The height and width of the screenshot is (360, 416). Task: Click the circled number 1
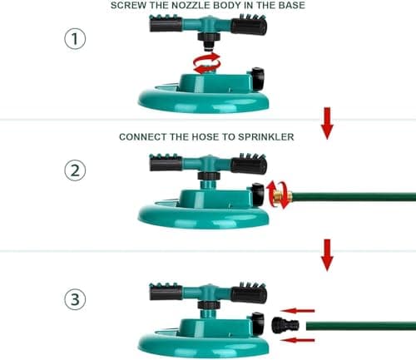[76, 39]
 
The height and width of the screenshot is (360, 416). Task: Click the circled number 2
[76, 170]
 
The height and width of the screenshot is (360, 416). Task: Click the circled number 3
[76, 299]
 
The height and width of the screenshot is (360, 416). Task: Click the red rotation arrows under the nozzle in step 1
[207, 62]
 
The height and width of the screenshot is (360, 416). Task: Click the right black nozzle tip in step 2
[249, 164]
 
